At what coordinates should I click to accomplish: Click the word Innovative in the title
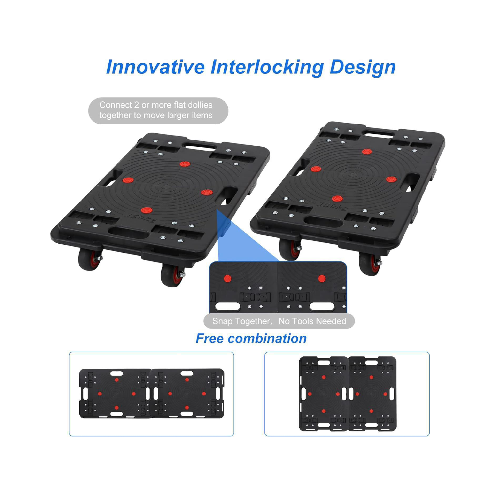click(x=155, y=67)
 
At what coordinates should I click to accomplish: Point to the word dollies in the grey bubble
click(x=200, y=105)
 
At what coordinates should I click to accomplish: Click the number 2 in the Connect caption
click(x=136, y=105)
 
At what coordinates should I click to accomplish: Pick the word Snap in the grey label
click(x=223, y=321)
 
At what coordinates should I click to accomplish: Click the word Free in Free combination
click(x=209, y=338)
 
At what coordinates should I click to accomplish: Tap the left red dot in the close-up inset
click(x=227, y=278)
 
